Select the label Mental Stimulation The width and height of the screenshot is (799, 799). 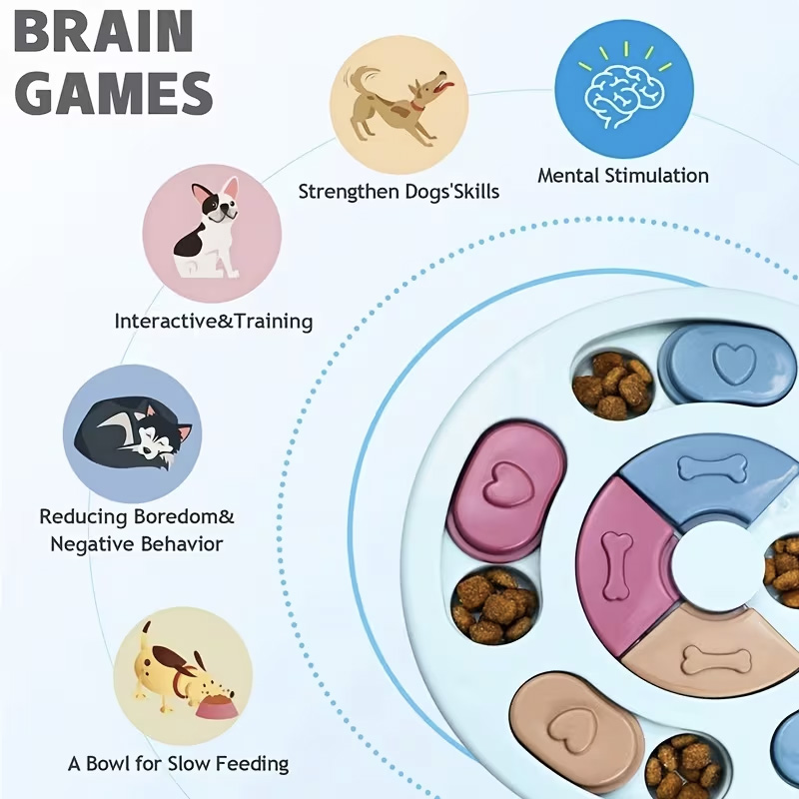[623, 176]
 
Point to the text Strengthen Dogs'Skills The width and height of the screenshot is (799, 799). [399, 191]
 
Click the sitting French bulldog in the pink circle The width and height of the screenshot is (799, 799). [209, 231]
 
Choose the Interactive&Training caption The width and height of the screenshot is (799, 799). [213, 322]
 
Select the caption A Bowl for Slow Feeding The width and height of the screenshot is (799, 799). [178, 764]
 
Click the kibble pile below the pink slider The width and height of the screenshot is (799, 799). [493, 605]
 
